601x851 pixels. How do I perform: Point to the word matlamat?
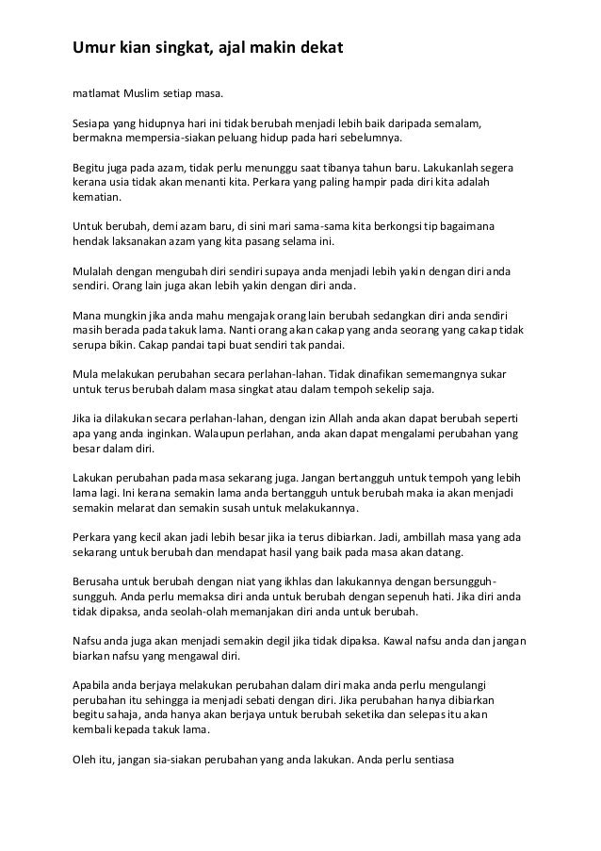pos(97,94)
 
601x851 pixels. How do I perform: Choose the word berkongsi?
pos(378,227)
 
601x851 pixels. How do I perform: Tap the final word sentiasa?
pos(430,752)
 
